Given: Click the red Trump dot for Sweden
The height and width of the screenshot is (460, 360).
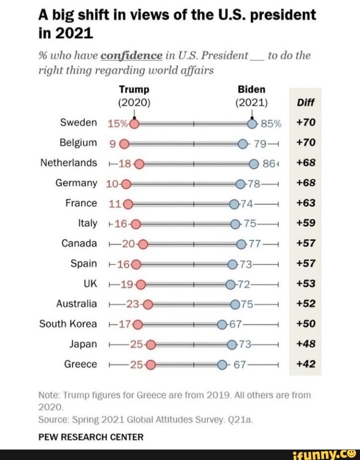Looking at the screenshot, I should click(x=133, y=123).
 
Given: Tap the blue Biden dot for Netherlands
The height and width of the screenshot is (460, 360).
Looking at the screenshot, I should click(x=253, y=163).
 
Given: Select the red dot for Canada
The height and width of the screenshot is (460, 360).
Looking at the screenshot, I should click(x=143, y=244).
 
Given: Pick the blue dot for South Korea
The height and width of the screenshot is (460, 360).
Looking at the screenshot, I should click(x=222, y=324).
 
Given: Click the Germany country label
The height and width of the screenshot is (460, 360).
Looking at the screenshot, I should click(x=76, y=183).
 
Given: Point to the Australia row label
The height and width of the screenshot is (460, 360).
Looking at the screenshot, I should click(x=76, y=304).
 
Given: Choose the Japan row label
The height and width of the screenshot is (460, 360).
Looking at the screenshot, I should click(x=83, y=344).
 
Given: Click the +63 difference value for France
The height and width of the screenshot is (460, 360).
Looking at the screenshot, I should click(x=304, y=203).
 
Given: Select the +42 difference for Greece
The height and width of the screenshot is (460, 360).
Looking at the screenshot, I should click(x=304, y=364).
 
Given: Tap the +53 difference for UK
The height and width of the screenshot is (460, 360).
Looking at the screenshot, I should click(x=304, y=284).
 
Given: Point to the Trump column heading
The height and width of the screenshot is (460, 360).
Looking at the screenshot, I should click(x=133, y=90).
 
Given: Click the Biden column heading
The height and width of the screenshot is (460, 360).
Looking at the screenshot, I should click(x=251, y=90).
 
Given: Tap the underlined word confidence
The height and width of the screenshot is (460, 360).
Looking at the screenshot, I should click(x=131, y=55).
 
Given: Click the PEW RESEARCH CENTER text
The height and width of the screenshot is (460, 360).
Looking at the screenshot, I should click(x=90, y=437).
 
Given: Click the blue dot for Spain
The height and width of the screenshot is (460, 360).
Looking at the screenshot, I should click(x=232, y=264).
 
